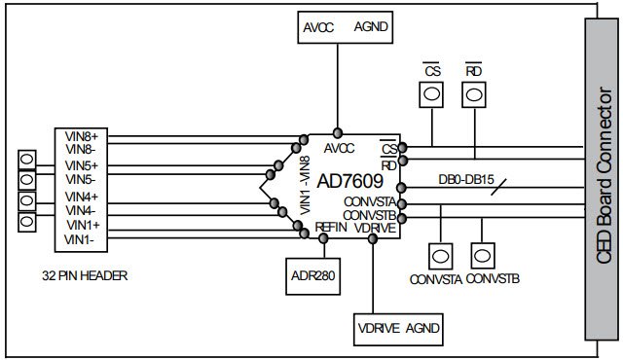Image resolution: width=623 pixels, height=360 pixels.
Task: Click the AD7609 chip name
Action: click(x=350, y=181)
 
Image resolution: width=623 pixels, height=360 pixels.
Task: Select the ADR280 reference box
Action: click(x=312, y=275)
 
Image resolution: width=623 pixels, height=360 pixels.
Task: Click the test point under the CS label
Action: click(x=429, y=95)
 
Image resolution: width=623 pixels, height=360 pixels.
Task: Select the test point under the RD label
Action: click(x=474, y=95)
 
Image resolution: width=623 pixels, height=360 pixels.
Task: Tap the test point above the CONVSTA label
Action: click(x=440, y=256)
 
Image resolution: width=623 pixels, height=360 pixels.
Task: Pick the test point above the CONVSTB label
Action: click(x=483, y=256)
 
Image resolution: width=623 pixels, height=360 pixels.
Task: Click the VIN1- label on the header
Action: click(x=80, y=239)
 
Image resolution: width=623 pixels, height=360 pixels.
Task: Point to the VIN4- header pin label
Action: click(x=80, y=210)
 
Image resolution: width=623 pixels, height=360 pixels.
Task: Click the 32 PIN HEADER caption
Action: click(x=86, y=275)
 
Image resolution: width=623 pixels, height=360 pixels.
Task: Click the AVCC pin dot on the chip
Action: click(x=338, y=132)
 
